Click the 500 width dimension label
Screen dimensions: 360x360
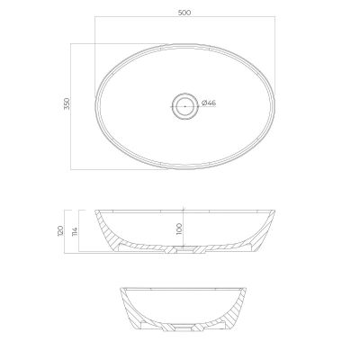pos(184,13)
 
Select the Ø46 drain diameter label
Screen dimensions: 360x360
pos(209,103)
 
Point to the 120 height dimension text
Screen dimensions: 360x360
pos(60,229)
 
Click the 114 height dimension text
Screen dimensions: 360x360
pos(75,231)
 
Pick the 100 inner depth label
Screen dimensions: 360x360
pos(180,229)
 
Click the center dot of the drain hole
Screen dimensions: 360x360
pos(185,106)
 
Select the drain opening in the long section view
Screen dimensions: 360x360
pos(184,248)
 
